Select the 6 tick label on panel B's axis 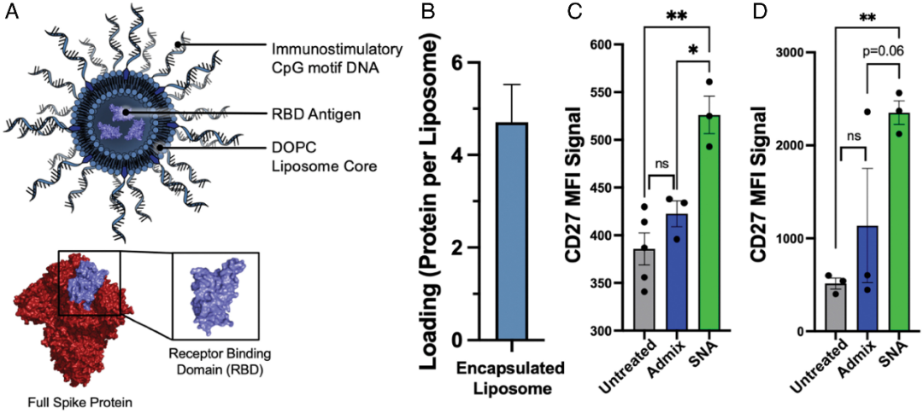coord(459,63)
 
